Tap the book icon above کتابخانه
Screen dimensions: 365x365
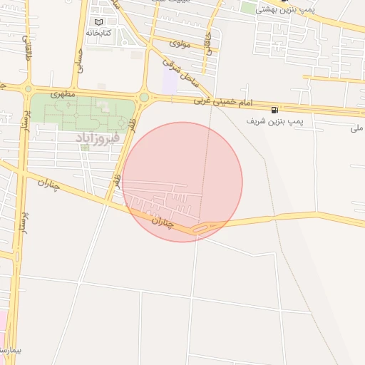pyautogui.click(x=98, y=22)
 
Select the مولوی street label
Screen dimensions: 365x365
pyautogui.click(x=180, y=44)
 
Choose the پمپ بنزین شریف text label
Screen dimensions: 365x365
pyautogui.click(x=275, y=121)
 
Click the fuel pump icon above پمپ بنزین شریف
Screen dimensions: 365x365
pyautogui.click(x=274, y=110)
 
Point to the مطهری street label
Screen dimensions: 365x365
pyautogui.click(x=64, y=93)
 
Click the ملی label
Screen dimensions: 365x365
pyautogui.click(x=356, y=128)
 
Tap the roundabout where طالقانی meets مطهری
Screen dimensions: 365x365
pyautogui.click(x=28, y=88)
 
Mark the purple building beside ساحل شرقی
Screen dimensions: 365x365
pyautogui.click(x=169, y=81)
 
